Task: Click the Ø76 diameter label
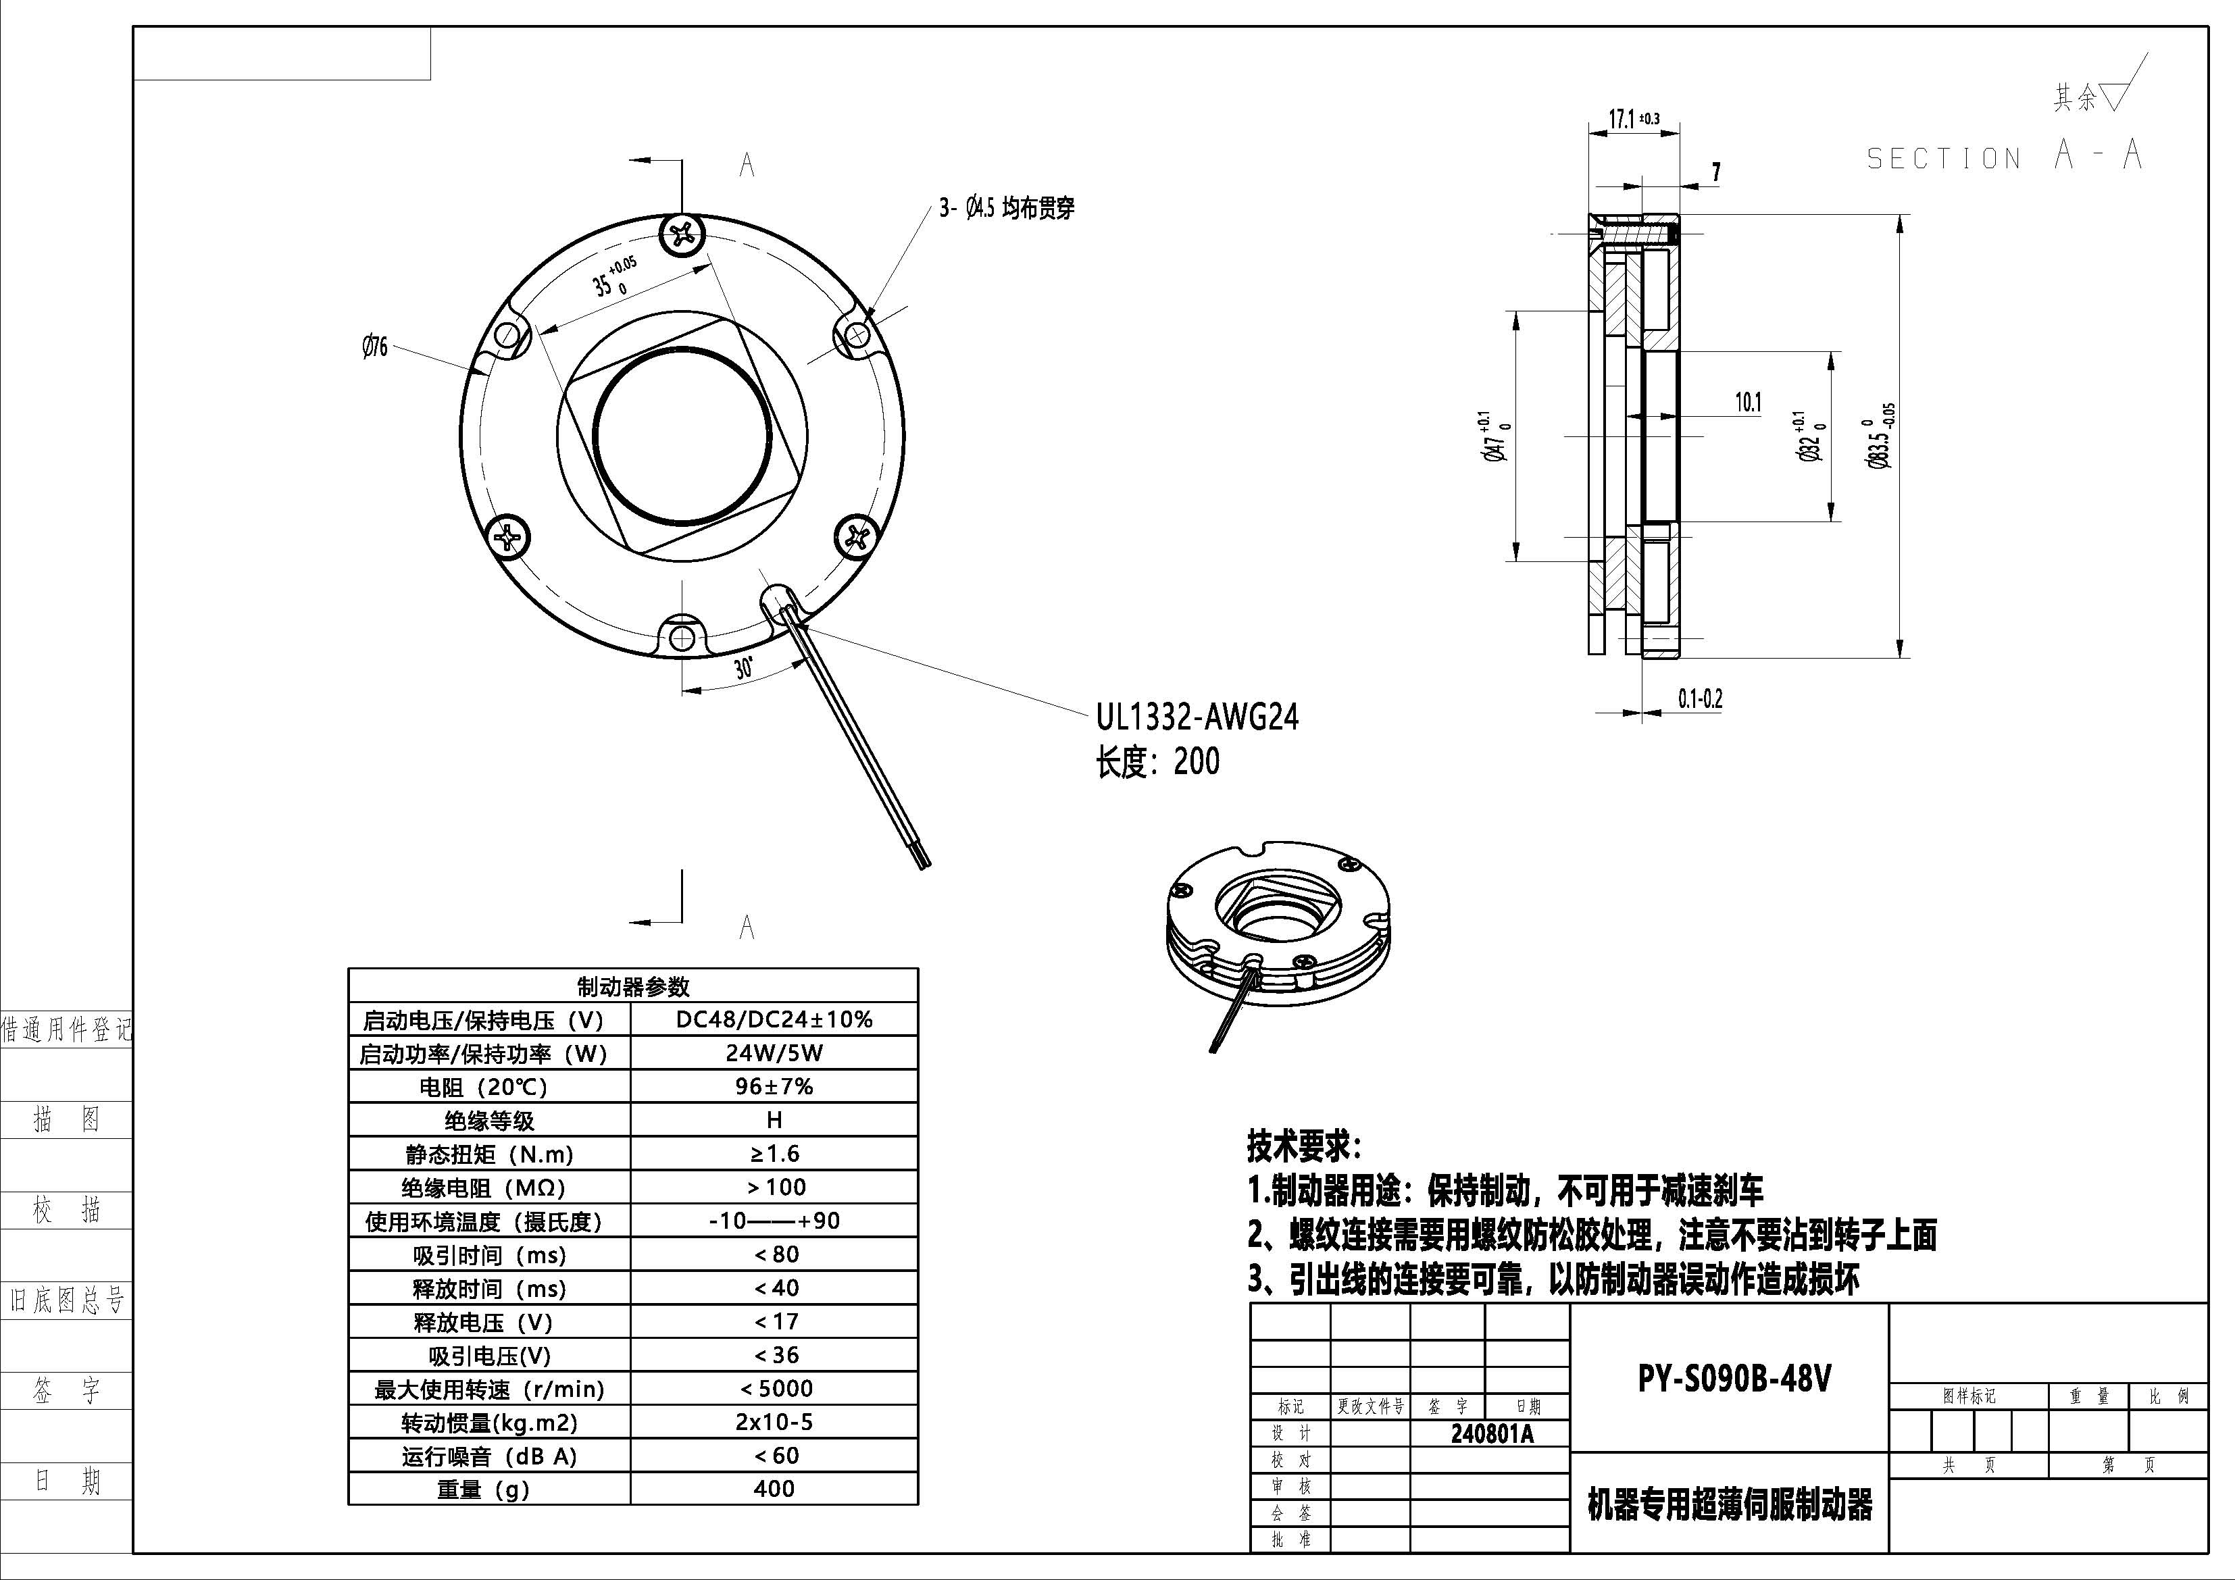375,347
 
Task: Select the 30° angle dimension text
744,668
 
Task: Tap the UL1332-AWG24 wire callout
1197,717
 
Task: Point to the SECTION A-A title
2003,156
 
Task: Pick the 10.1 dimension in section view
1749,402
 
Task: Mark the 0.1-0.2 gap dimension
1700,699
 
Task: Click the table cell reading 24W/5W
774,1053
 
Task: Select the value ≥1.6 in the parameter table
774,1154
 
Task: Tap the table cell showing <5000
774,1388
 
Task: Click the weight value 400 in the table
774,1489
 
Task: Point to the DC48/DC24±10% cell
774,1019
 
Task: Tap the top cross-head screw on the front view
682,234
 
